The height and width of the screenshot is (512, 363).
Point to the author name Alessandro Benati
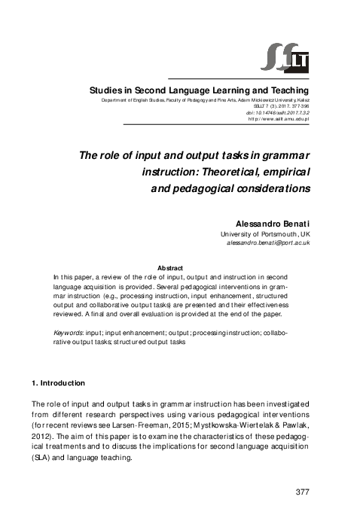click(274, 224)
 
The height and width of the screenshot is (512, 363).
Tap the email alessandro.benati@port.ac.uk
click(268, 244)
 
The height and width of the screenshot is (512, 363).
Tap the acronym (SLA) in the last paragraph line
click(44, 456)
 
